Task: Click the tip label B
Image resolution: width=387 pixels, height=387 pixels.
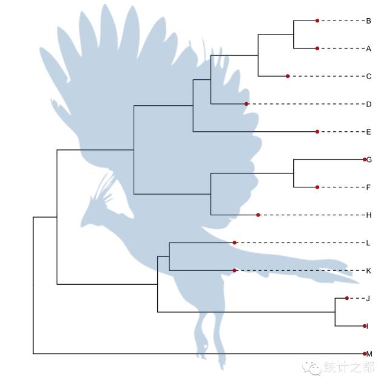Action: click(x=368, y=21)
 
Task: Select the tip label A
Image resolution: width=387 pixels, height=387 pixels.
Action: click(x=368, y=49)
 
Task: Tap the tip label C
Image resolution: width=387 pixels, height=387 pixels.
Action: click(x=368, y=76)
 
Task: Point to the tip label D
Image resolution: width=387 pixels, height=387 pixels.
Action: click(x=368, y=104)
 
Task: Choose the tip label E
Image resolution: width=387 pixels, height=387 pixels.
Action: click(x=368, y=132)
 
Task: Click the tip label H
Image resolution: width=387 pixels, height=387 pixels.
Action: click(x=368, y=215)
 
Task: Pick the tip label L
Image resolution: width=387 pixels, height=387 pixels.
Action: click(x=368, y=243)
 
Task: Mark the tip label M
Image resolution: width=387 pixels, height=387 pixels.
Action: click(x=369, y=354)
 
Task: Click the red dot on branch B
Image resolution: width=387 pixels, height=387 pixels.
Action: click(x=317, y=21)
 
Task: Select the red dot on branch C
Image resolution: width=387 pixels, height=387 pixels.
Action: click(x=288, y=76)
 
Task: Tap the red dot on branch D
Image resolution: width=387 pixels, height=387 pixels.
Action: click(x=247, y=104)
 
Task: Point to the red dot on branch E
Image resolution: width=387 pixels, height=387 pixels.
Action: click(x=317, y=132)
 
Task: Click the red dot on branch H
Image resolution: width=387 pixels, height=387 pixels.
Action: click(x=258, y=215)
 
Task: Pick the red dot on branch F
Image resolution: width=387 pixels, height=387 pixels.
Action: click(x=317, y=187)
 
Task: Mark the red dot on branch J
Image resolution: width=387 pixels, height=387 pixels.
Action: click(x=346, y=298)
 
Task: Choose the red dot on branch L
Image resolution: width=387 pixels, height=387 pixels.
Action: click(x=235, y=242)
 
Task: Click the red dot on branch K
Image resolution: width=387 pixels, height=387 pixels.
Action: click(x=235, y=270)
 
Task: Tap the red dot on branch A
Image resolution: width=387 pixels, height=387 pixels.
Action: click(x=317, y=48)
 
